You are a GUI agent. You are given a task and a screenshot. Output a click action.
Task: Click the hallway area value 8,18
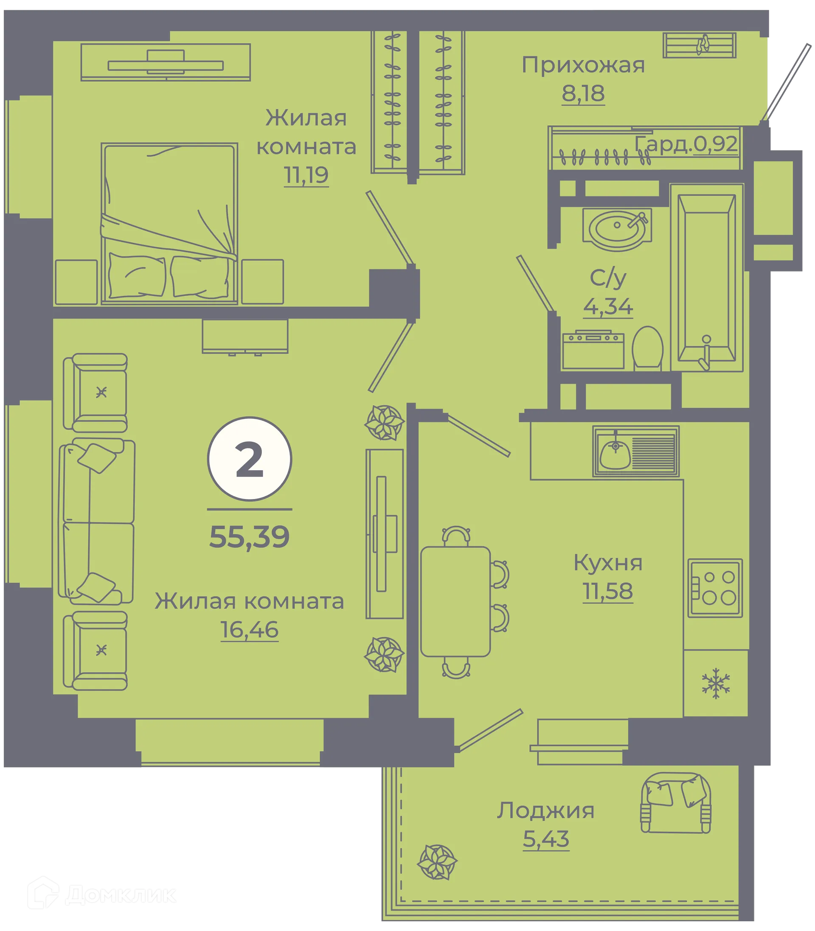[583, 94]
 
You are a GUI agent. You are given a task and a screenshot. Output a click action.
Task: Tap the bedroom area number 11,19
[306, 175]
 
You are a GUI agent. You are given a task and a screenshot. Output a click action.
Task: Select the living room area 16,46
[249, 630]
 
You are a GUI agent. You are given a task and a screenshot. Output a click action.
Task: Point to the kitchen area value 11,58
[608, 592]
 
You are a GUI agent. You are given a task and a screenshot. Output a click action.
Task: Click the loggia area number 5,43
[546, 839]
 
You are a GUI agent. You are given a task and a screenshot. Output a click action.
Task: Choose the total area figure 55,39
[249, 537]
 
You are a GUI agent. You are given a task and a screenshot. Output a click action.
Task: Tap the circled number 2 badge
[250, 459]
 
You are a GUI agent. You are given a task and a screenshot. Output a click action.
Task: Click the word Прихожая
[583, 65]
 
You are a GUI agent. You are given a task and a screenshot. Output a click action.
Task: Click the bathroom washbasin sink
[617, 229]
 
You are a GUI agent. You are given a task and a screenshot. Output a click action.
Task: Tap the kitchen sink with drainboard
[636, 451]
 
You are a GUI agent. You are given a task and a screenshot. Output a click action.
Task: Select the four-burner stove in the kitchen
[715, 588]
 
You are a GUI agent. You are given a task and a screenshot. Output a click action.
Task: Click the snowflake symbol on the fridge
[716, 683]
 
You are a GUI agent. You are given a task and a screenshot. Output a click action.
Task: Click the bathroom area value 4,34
[608, 307]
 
